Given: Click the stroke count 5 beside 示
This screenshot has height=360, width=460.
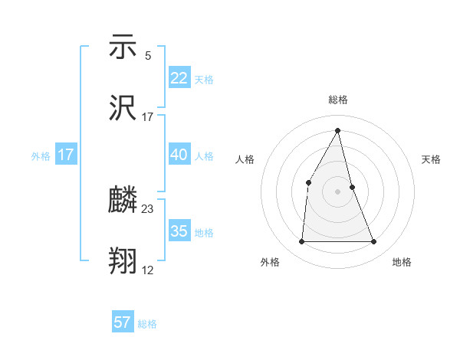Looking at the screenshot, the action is click(x=147, y=55).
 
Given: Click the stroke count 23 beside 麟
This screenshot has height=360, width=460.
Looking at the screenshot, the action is click(x=148, y=209).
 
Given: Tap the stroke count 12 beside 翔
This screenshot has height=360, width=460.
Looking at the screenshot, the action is click(x=148, y=270).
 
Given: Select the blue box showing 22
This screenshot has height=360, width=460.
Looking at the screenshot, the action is click(x=179, y=78).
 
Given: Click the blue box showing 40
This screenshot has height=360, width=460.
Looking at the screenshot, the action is click(x=179, y=155).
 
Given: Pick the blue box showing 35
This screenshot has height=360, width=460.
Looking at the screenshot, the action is click(x=179, y=231).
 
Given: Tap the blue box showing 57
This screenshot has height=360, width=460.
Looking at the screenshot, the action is click(x=123, y=322).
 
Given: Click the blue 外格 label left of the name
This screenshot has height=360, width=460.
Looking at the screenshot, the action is click(x=41, y=155).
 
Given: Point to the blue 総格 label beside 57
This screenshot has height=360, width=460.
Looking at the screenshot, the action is click(x=147, y=324).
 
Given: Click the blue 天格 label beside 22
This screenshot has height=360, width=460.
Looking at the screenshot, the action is click(x=204, y=80).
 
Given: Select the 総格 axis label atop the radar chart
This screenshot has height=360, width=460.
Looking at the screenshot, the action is click(x=338, y=100).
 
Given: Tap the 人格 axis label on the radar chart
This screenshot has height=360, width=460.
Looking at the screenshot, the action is click(x=245, y=159).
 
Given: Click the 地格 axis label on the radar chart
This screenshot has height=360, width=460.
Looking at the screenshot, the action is click(x=402, y=262).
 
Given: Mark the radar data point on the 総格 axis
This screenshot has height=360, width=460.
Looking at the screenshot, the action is click(x=338, y=130).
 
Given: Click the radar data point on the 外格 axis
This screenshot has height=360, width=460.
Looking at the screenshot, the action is click(x=301, y=242).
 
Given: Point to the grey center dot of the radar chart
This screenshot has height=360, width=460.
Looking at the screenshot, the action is click(x=338, y=191).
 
